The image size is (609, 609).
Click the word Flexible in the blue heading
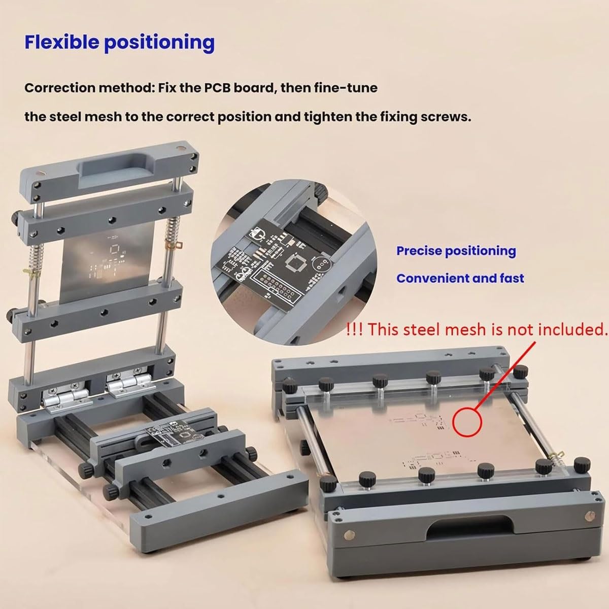click(x=61, y=42)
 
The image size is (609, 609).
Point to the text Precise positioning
click(x=456, y=251)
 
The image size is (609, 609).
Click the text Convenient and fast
click(x=460, y=279)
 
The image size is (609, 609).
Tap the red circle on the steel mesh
click(x=467, y=422)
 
